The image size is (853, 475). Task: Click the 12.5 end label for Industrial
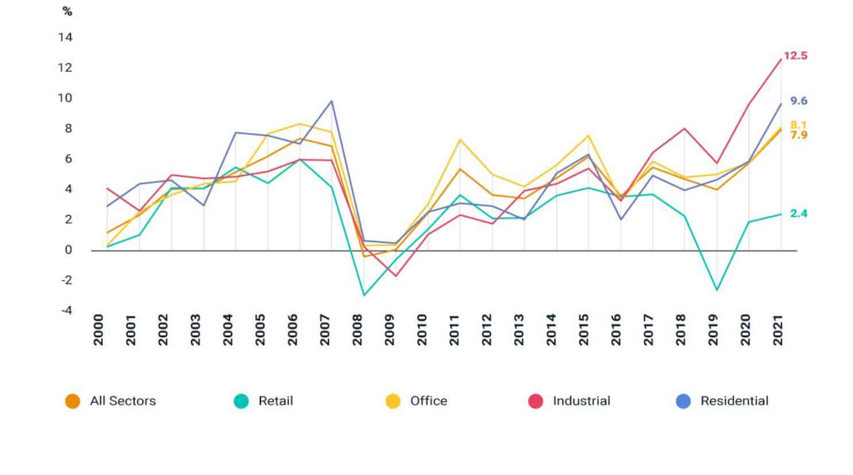point(795,56)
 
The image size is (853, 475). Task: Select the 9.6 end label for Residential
point(799,101)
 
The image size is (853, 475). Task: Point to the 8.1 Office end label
point(799,125)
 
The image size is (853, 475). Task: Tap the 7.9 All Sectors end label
point(799,135)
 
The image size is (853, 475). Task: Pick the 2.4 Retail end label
point(799,213)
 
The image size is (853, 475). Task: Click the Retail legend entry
point(275,401)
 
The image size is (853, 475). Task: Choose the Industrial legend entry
point(581,401)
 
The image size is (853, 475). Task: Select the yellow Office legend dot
point(393,401)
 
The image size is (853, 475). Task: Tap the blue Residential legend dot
point(683,401)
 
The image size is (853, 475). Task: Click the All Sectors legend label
point(123,401)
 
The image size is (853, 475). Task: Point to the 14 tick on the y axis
point(65,37)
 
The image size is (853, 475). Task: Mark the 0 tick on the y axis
point(68,250)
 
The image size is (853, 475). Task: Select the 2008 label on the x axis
point(357,330)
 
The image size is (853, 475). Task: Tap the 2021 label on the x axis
point(778,330)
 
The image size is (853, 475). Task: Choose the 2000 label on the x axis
point(99,330)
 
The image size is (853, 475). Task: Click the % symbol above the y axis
point(67,11)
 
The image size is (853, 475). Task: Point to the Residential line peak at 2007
point(331,101)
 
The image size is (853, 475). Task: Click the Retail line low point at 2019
point(716,290)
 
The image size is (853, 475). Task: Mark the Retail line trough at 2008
point(364,295)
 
